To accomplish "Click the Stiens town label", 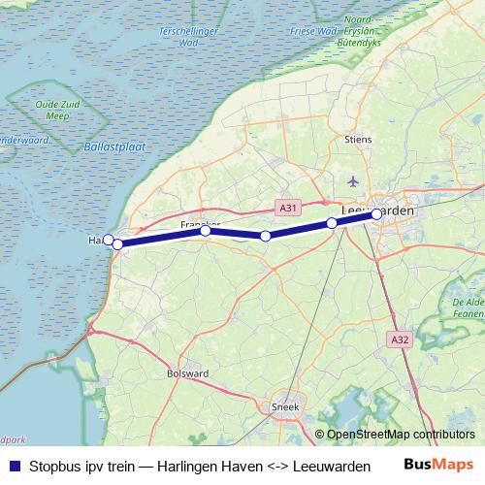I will tap(358, 140).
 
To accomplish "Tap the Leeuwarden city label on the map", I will tap(377, 210).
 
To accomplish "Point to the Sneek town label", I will tap(285, 407).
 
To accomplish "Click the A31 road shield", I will tap(288, 207).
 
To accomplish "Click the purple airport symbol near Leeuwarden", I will tap(352, 181).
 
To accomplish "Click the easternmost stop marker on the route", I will tap(376, 214).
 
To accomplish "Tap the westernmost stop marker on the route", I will tap(109, 240).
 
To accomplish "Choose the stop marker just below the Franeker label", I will tap(206, 231).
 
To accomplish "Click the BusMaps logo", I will tap(439, 466).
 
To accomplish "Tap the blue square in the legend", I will tap(14, 467).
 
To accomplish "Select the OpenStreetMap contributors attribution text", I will tap(401, 435).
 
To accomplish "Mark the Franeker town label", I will tap(201, 224).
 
